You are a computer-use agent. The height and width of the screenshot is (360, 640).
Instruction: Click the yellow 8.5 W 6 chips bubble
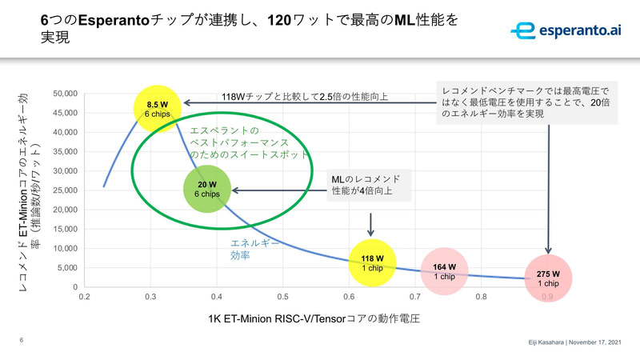click(x=157, y=109)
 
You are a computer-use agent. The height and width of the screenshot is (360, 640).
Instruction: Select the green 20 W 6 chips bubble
click(x=207, y=190)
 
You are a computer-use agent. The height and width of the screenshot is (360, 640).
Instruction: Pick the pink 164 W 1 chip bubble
click(x=444, y=271)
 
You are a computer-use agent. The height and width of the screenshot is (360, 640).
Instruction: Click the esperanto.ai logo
click(x=566, y=30)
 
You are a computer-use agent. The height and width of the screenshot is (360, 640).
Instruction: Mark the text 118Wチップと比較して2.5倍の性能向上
click(x=305, y=98)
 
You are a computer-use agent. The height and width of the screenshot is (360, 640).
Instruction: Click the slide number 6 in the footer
click(x=21, y=339)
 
